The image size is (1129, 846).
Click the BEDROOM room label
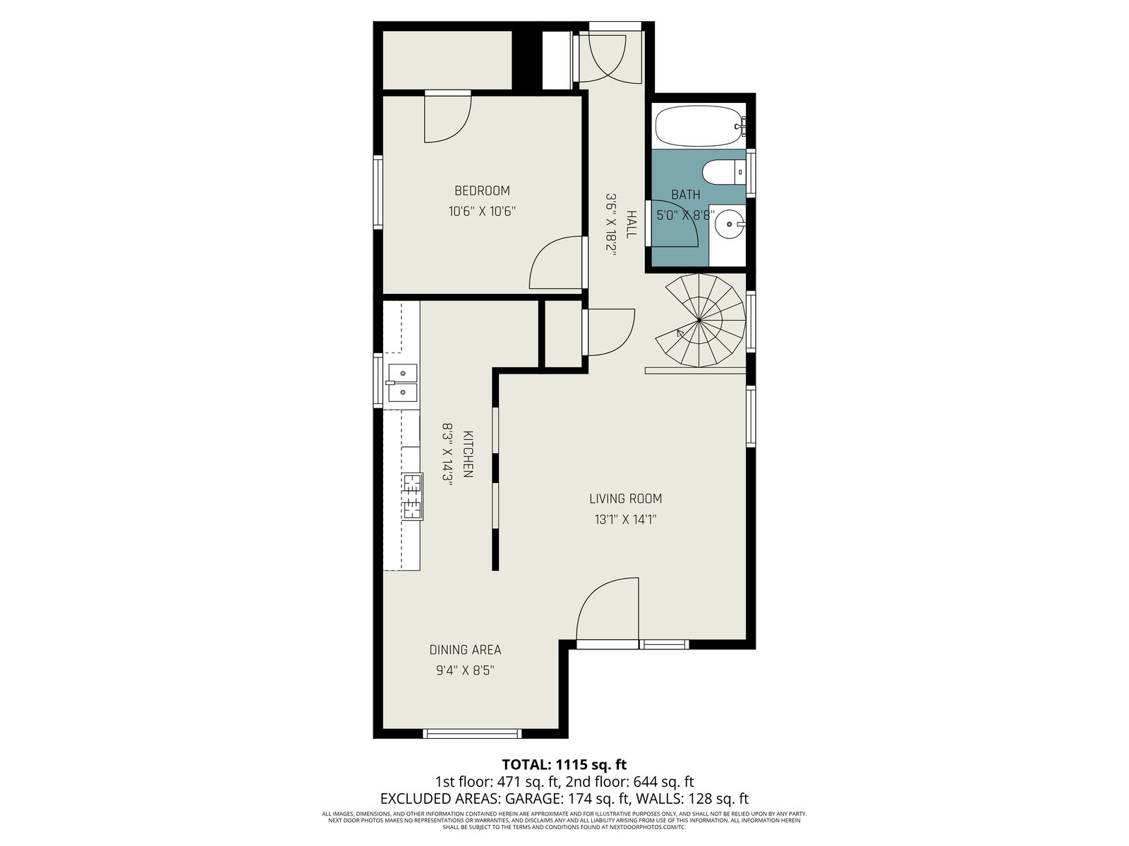click(482, 190)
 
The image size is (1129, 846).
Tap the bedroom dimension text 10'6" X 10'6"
click(482, 211)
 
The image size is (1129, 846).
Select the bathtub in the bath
click(701, 126)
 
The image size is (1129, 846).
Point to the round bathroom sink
click(730, 224)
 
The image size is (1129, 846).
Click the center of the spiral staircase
click(699, 321)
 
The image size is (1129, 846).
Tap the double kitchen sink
click(402, 383)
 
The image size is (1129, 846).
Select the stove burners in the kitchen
click(413, 496)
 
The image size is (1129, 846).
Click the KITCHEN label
click(468, 454)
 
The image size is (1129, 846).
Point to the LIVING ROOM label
click(625, 498)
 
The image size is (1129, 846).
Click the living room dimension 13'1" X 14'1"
click(625, 520)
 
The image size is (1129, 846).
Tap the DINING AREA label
click(465, 650)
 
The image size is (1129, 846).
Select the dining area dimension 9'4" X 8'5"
click(465, 670)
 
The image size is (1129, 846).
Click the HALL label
click(631, 224)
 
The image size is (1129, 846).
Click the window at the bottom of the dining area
click(472, 733)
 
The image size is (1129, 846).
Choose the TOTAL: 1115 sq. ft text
click(564, 765)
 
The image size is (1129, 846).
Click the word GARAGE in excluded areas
click(532, 799)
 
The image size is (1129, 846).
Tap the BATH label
click(686, 195)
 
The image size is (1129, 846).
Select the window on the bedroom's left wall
click(378, 192)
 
